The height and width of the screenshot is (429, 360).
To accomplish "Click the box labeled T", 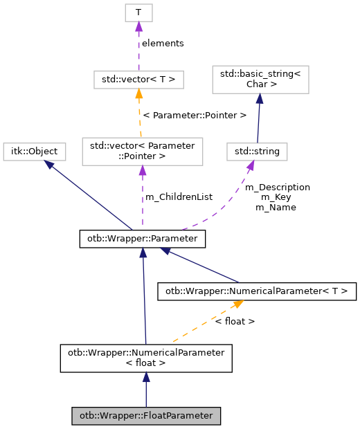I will (138, 12).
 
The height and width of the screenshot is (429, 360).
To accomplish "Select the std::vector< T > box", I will (138, 80).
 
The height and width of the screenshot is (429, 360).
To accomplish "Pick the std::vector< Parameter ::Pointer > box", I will (142, 152).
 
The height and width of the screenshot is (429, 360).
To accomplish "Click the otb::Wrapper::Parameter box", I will (142, 239).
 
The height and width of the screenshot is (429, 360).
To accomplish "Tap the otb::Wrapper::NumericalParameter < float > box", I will (145, 358).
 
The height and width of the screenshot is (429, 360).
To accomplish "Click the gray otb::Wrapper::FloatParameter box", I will (146, 416).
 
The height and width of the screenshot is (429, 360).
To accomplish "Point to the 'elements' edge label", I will (163, 43).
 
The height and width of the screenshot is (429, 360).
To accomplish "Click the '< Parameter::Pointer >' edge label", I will (195, 115).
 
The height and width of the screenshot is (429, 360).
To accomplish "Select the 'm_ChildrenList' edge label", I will (179, 197).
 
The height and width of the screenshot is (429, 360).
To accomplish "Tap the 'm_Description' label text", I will (278, 187).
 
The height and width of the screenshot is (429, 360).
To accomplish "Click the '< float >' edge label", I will (235, 321).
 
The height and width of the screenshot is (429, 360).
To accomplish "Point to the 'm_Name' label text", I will (276, 207).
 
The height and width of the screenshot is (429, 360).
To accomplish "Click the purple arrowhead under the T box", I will (138, 27).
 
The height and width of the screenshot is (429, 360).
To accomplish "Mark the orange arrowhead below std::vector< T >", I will (138, 94).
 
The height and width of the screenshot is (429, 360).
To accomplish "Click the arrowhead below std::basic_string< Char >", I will (258, 99).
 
